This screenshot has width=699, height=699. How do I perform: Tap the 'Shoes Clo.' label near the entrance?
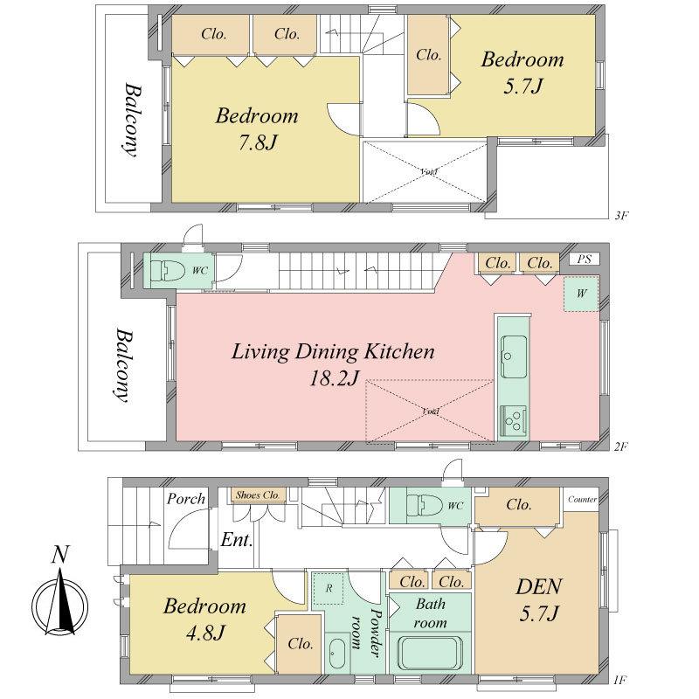tap(258, 495)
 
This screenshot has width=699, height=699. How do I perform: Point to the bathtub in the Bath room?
tap(429, 654)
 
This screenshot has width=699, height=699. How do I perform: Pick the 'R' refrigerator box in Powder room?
tap(329, 588)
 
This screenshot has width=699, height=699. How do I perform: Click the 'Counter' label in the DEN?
tap(582, 500)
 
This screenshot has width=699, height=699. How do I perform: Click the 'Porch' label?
tap(185, 499)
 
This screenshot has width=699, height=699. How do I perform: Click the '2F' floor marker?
tap(620, 446)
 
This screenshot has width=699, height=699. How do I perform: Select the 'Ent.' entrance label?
tap(236, 540)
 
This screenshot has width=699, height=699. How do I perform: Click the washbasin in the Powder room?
tap(335, 652)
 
